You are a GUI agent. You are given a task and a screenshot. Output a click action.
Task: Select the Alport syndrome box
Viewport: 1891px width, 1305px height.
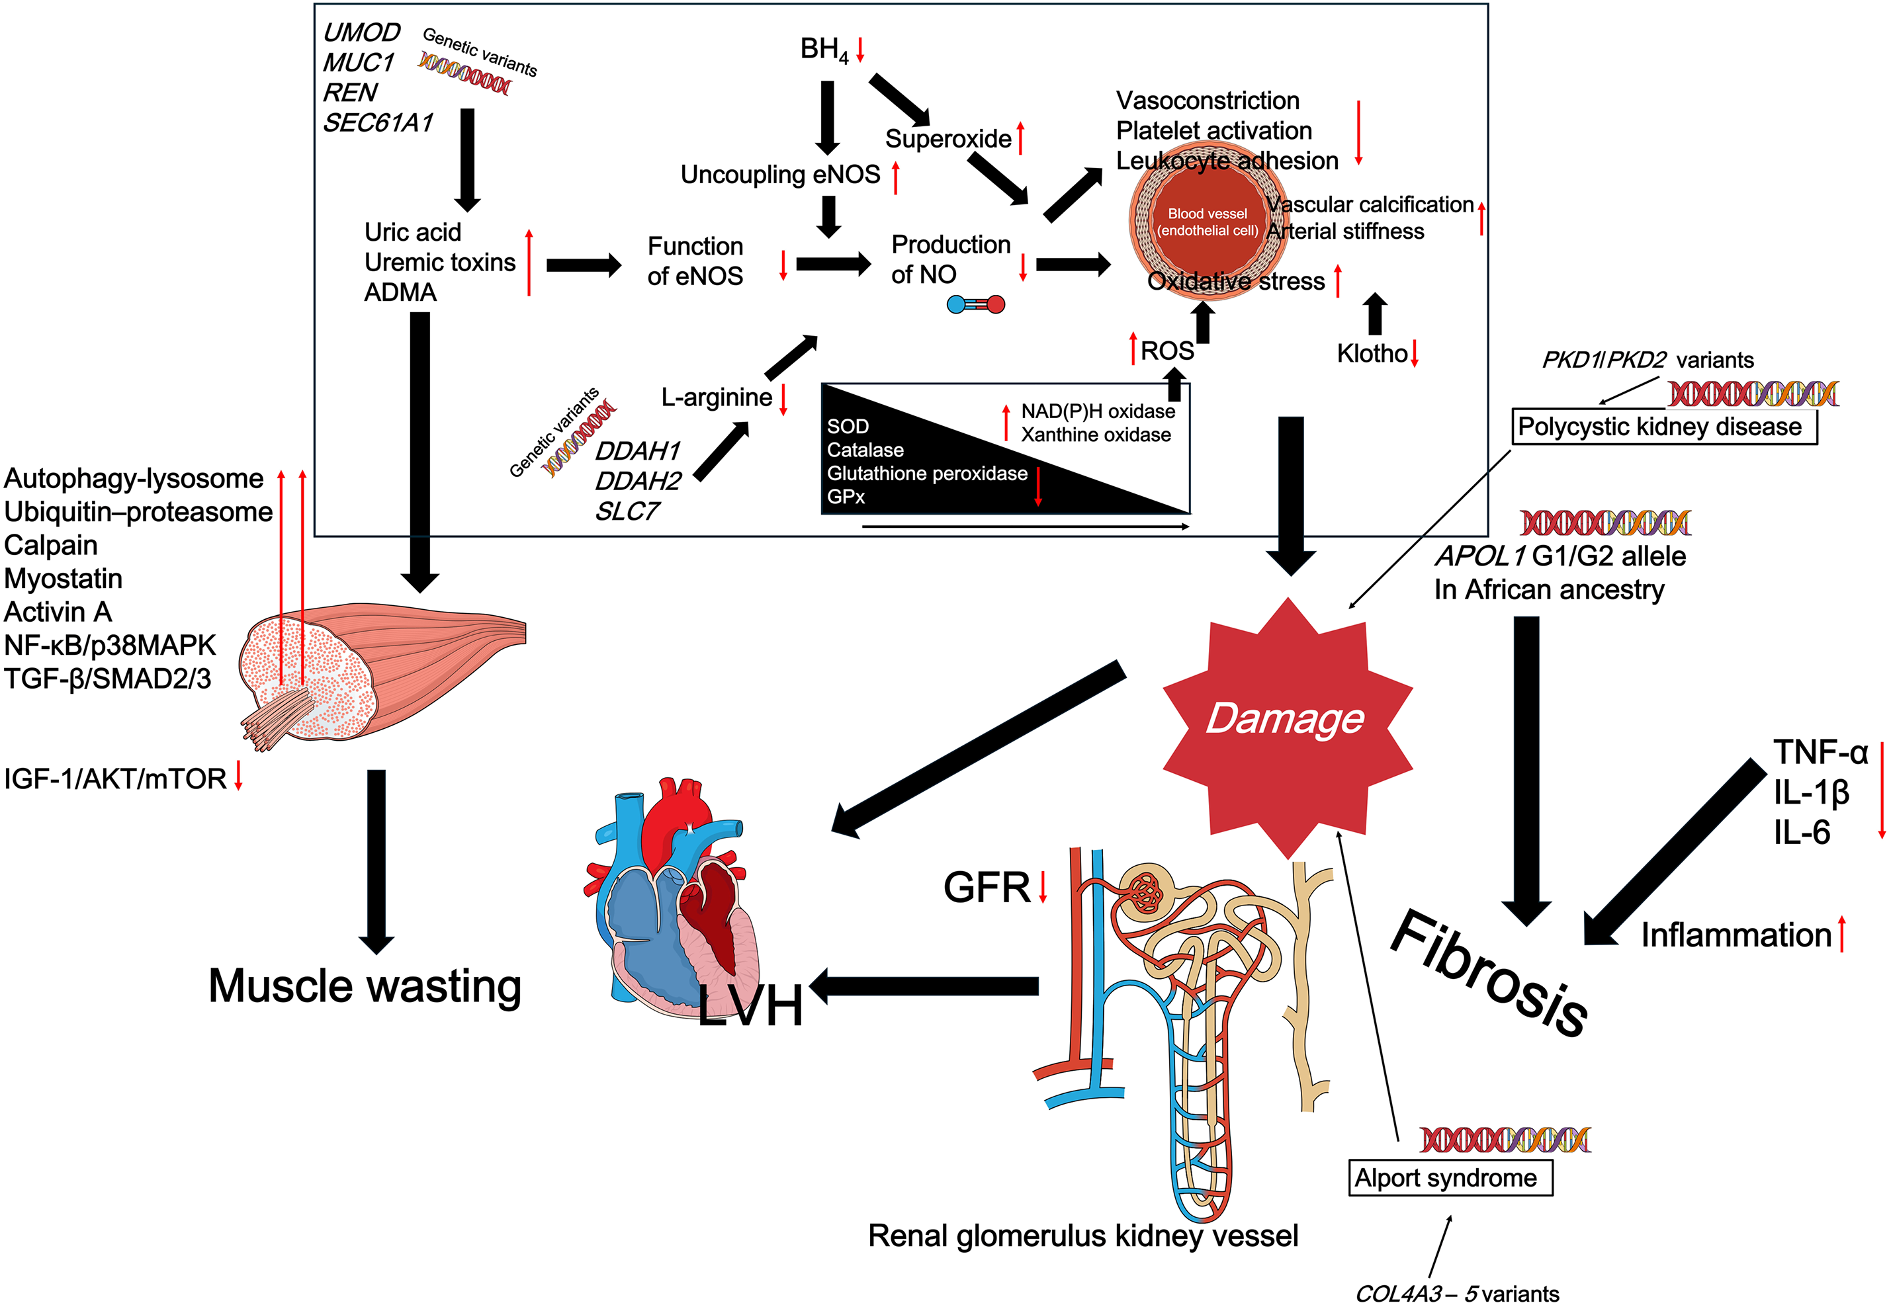(1449, 1177)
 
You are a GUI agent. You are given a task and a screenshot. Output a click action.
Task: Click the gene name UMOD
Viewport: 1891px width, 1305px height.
(361, 32)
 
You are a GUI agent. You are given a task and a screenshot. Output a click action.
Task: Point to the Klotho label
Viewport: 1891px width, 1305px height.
(1372, 353)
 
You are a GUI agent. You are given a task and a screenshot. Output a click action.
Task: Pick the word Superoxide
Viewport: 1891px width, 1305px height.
(948, 139)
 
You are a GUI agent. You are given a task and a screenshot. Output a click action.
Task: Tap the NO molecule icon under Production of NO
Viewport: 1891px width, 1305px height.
(975, 305)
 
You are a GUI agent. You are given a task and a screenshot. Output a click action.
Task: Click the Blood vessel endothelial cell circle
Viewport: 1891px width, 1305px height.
(1206, 222)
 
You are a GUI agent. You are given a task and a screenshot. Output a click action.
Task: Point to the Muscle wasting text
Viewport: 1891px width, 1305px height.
(365, 986)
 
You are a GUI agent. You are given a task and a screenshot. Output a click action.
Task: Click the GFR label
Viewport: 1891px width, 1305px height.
(987, 887)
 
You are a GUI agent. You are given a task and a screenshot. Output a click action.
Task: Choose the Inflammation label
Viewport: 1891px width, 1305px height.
(1736, 935)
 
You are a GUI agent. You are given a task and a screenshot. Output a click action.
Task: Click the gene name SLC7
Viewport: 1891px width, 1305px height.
(627, 512)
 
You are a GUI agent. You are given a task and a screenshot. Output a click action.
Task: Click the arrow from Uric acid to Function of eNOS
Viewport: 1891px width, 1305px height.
(583, 265)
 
